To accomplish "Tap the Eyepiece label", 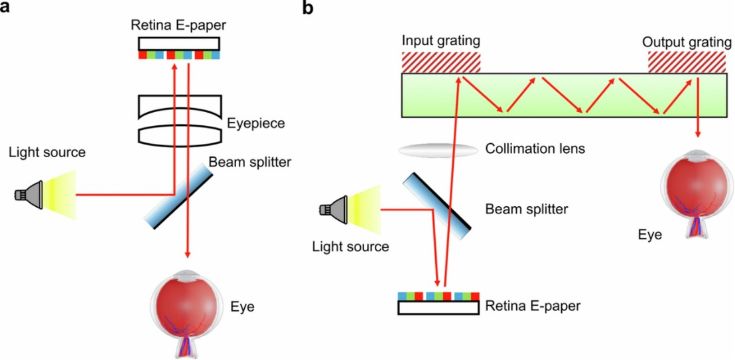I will click(255, 123).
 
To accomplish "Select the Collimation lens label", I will click(535, 149).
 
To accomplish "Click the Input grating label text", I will click(440, 41).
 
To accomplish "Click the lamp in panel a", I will click(31, 194).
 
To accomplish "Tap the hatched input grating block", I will click(440, 62).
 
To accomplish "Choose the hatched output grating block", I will click(689, 62).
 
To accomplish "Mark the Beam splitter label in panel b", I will click(526, 210).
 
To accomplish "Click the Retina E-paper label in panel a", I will click(178, 25).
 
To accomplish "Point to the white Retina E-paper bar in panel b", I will click(437, 308).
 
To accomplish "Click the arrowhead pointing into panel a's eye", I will click(188, 253).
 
